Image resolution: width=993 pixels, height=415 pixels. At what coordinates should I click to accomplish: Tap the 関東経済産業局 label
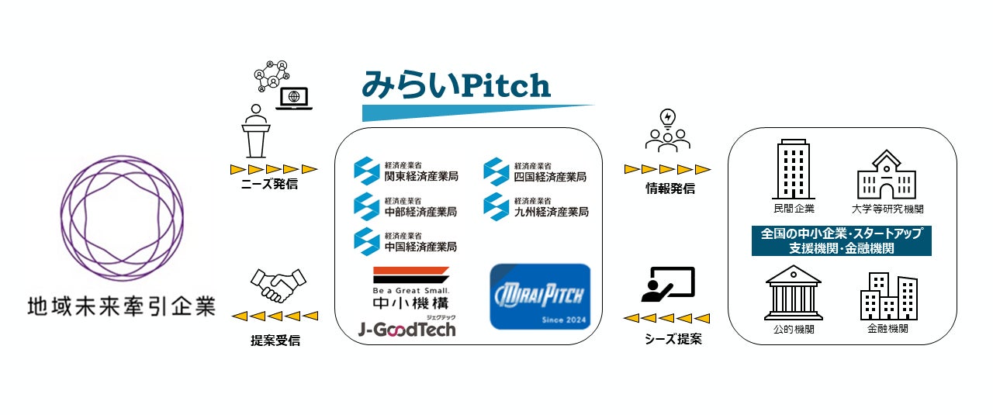pyautogui.click(x=420, y=176)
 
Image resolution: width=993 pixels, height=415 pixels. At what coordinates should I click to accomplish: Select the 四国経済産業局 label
pyautogui.click(x=550, y=176)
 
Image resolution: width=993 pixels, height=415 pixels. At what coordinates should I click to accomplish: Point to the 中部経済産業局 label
pyautogui.click(x=420, y=211)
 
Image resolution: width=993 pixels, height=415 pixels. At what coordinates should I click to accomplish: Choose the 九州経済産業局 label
pyautogui.click(x=551, y=211)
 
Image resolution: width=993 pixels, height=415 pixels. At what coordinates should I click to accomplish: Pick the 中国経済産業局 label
pyautogui.click(x=420, y=246)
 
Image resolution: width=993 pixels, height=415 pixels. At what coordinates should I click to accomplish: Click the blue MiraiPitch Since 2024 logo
pyautogui.click(x=540, y=296)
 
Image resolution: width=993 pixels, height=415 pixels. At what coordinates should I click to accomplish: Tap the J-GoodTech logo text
pyautogui.click(x=407, y=329)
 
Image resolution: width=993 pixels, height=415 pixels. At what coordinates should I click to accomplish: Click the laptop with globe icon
pyautogui.click(x=294, y=99)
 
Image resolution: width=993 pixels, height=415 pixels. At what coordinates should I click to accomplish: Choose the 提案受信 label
pyautogui.click(x=275, y=341)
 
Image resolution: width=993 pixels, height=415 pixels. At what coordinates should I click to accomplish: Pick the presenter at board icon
pyautogui.click(x=668, y=285)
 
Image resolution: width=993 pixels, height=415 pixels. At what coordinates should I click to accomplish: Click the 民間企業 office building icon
pyautogui.click(x=793, y=171)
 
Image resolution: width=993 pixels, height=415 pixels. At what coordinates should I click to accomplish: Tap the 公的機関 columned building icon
pyautogui.click(x=794, y=293)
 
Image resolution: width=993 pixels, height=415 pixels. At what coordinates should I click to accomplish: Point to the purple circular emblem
pyautogui.click(x=119, y=216)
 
